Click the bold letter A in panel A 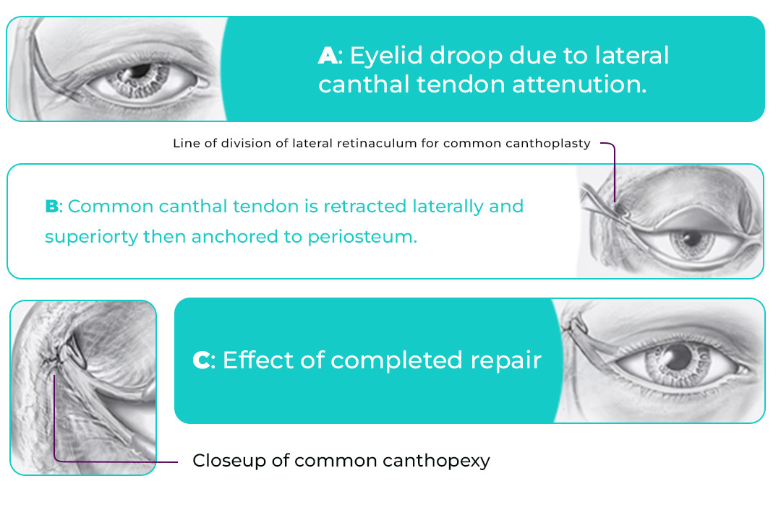point(328,56)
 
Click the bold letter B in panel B point(51,207)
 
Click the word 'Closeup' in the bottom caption point(226,460)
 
